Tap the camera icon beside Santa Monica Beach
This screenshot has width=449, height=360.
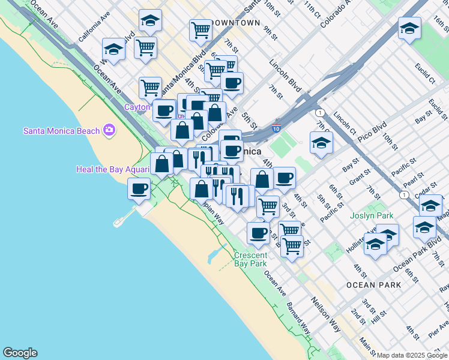tap(109, 130)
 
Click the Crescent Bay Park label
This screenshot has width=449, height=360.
tap(251, 259)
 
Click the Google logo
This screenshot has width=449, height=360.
tap(20, 353)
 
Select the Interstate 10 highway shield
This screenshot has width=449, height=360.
tap(276, 128)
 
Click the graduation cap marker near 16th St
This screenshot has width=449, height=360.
tap(409, 28)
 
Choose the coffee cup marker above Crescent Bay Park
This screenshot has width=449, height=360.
tap(259, 232)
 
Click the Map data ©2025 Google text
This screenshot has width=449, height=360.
tap(412, 355)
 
